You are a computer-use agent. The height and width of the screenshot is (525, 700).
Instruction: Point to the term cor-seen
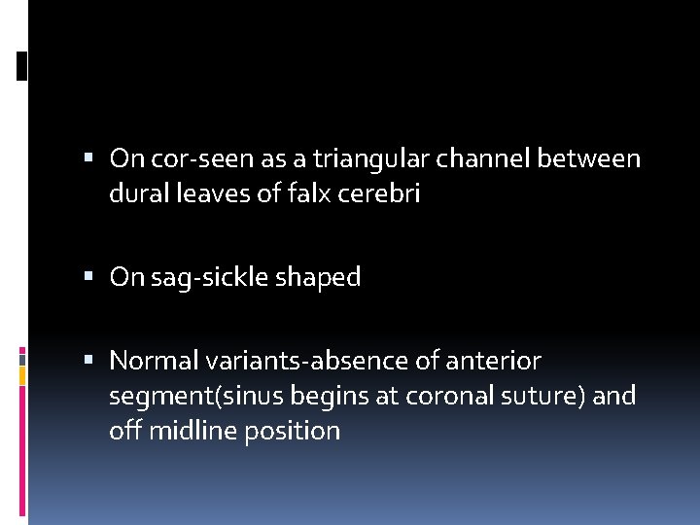(190, 158)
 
